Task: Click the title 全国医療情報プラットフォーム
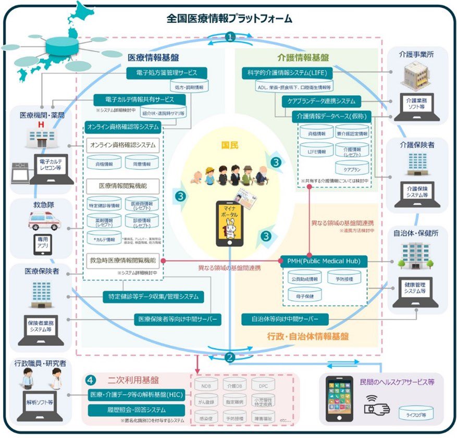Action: point(229,18)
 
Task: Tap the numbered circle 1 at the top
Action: point(229,37)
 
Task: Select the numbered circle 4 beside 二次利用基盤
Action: point(90,380)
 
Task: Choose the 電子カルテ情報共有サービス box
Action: point(140,99)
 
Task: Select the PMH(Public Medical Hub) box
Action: point(324,260)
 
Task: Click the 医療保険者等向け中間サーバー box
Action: point(178,319)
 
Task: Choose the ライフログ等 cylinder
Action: point(415,415)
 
